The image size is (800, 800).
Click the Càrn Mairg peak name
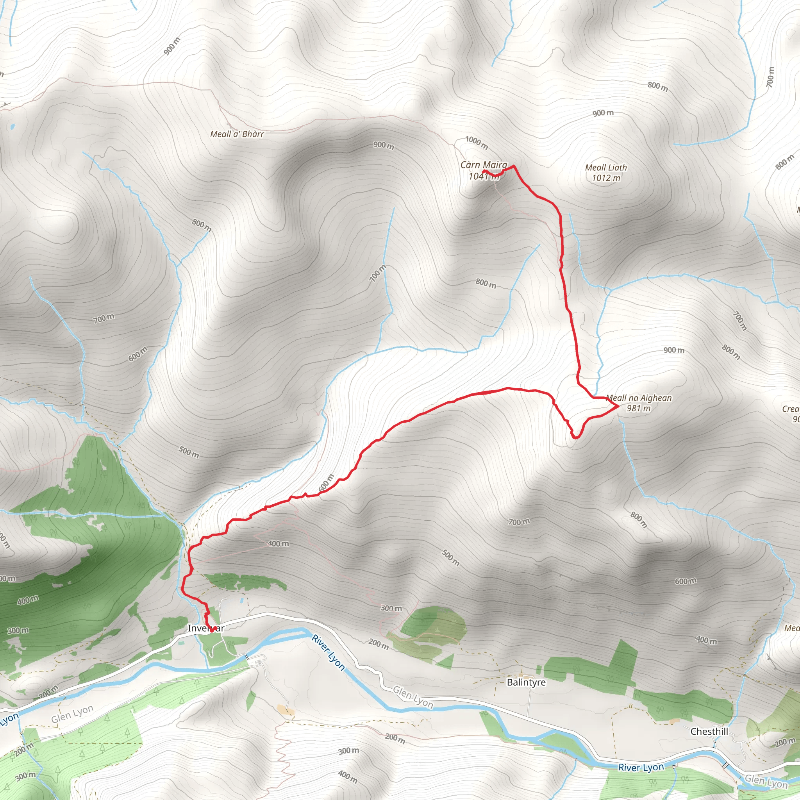click(x=484, y=165)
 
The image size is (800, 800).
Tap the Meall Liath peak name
click(x=606, y=168)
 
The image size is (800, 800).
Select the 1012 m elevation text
click(x=606, y=178)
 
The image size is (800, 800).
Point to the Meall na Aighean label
click(x=639, y=398)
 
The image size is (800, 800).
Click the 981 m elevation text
click(x=639, y=408)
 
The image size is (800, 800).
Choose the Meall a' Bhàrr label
click(x=237, y=134)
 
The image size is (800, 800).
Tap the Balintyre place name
click(x=526, y=682)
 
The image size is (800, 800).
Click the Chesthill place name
click(x=709, y=731)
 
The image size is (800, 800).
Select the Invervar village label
click(x=206, y=628)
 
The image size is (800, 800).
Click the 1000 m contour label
click(x=476, y=143)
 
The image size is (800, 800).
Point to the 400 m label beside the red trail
click(x=278, y=544)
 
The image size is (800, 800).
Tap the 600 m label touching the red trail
click(x=326, y=483)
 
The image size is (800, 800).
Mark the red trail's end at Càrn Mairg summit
click(x=483, y=171)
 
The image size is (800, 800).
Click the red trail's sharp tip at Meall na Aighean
click(x=618, y=406)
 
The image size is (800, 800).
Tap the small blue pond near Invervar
click(x=241, y=600)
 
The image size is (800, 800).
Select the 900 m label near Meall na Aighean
click(x=674, y=350)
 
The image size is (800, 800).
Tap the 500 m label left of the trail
click(x=189, y=452)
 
